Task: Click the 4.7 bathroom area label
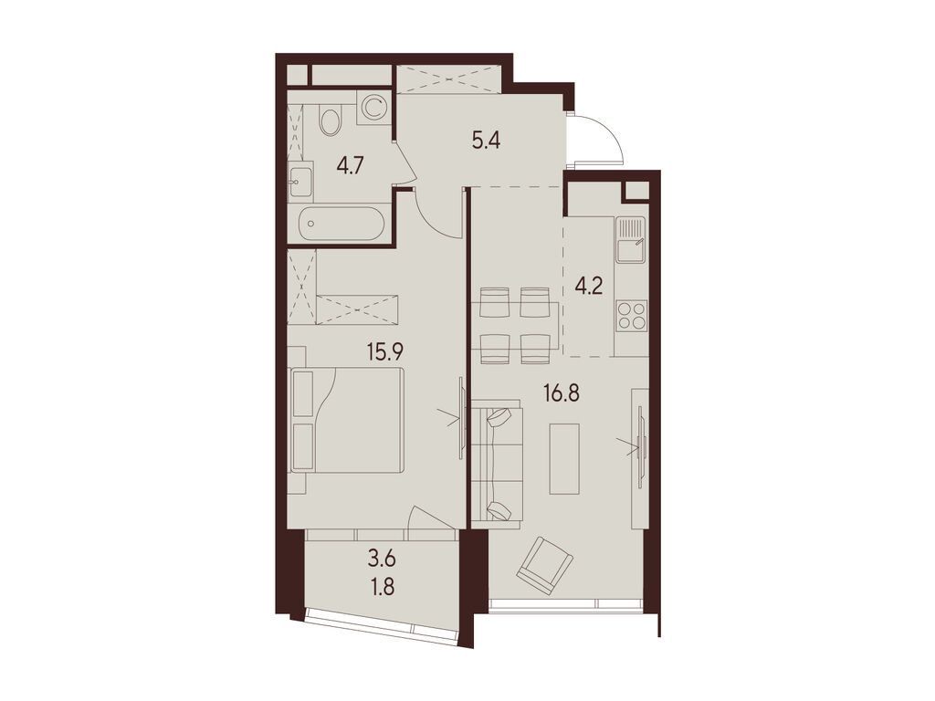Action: [350, 165]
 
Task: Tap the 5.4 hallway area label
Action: [486, 141]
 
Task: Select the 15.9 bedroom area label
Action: [385, 351]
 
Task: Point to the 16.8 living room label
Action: [562, 393]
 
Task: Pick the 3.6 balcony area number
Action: [383, 561]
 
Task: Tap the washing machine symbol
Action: [373, 108]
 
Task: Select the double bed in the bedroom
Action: [346, 420]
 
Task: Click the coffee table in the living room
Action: [564, 458]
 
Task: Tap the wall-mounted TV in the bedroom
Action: [461, 418]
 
